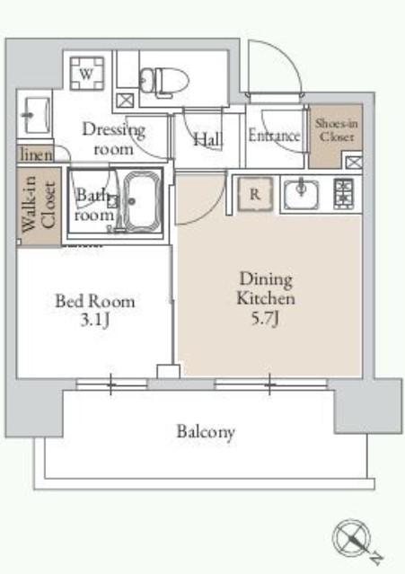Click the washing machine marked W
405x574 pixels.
click(87, 74)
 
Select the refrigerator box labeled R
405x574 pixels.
click(255, 194)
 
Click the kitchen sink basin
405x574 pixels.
click(301, 195)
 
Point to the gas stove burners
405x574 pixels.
click(344, 194)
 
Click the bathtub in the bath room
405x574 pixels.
click(142, 200)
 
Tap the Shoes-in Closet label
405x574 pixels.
click(336, 130)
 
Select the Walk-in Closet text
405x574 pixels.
click(39, 204)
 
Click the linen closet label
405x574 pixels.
click(36, 155)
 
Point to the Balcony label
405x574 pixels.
click(206, 432)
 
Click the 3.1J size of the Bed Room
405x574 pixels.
click(95, 321)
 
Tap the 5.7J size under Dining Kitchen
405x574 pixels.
click(265, 319)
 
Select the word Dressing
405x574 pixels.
click(114, 130)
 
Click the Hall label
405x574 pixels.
click(208, 139)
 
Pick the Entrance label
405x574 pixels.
click(274, 136)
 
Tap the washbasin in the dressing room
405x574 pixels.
click(38, 115)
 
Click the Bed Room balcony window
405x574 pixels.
click(111, 384)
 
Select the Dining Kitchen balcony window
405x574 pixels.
click(270, 384)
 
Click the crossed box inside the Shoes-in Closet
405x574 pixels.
click(354, 163)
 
